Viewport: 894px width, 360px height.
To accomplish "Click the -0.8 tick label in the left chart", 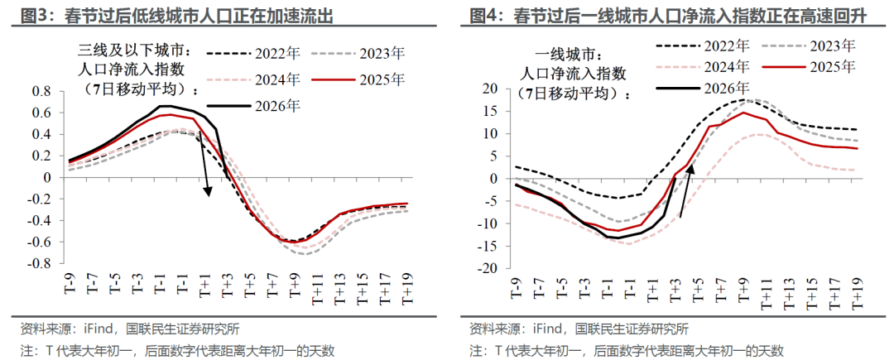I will click(37, 263).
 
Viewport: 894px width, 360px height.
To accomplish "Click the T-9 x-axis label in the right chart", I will click(515, 289).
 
